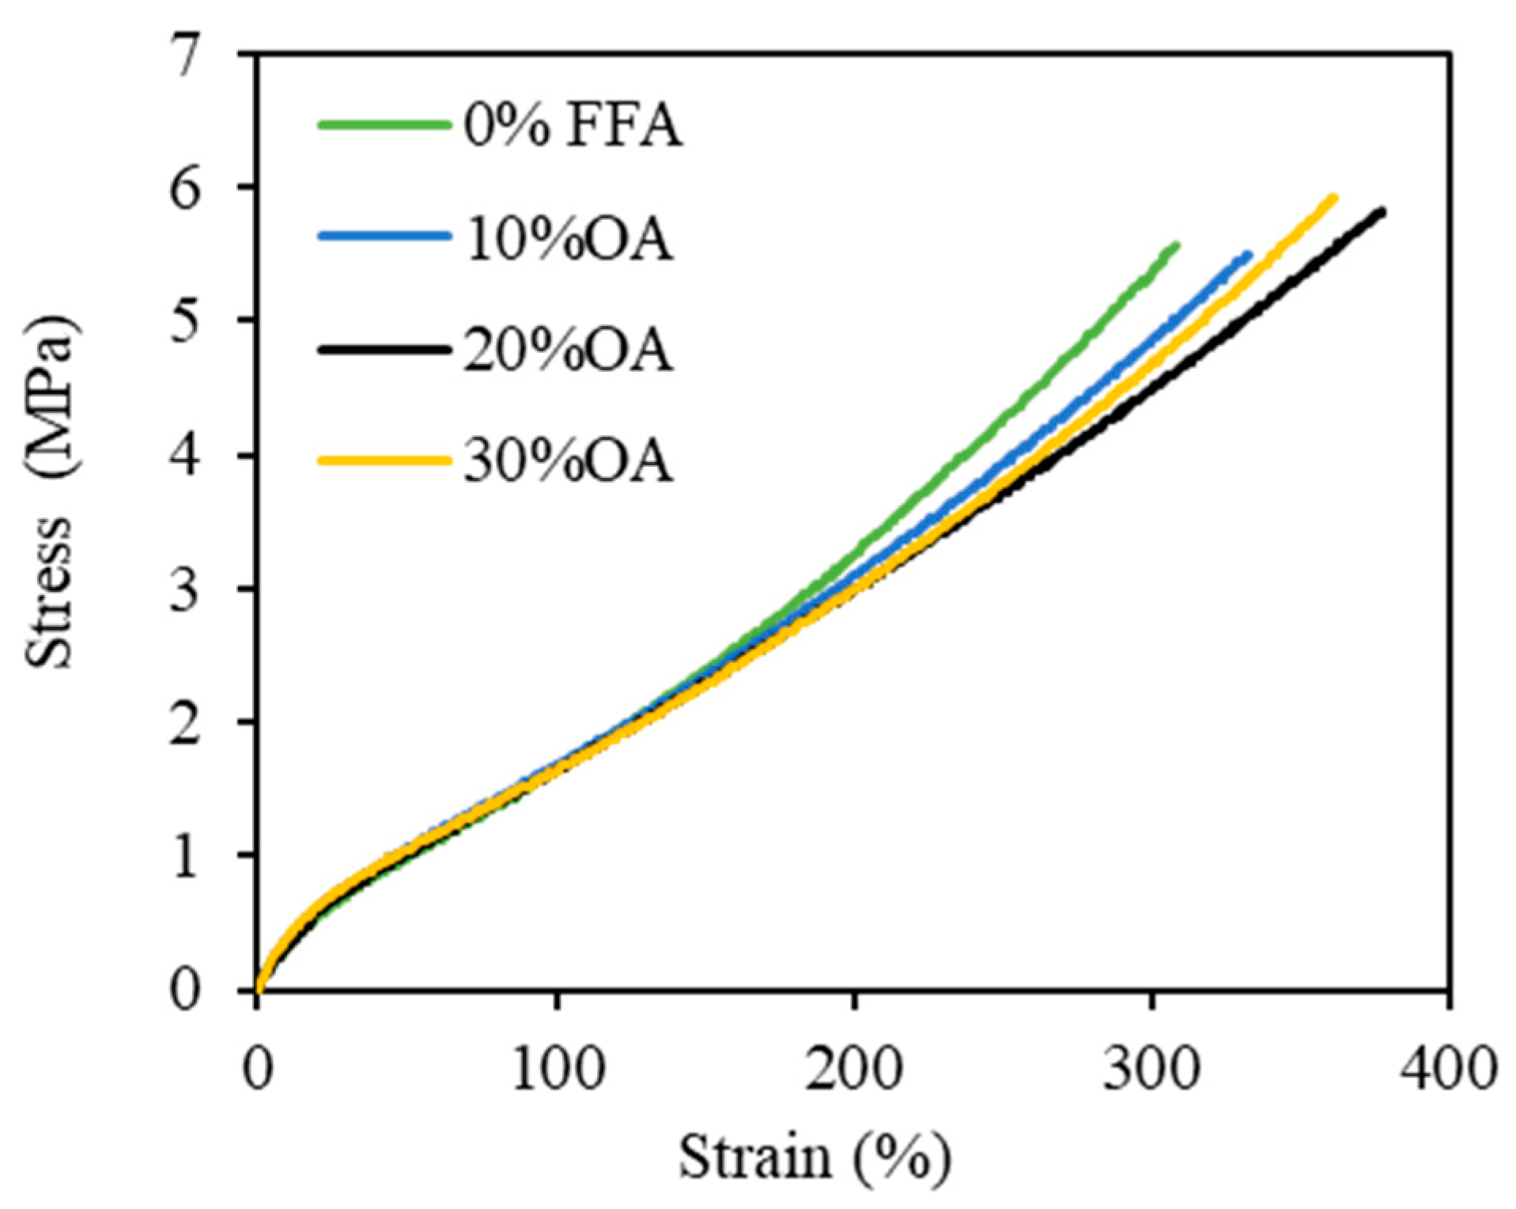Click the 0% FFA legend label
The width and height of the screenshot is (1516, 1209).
tap(573, 127)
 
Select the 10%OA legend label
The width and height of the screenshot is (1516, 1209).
tap(568, 239)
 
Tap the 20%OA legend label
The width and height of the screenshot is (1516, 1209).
tap(568, 351)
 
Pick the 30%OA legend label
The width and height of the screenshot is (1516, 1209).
tap(568, 461)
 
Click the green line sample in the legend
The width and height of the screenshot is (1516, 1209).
tap(384, 124)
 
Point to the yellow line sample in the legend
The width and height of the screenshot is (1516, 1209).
tap(384, 460)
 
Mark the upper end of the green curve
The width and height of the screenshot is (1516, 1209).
tap(1176, 245)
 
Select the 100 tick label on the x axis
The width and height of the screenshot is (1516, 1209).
tap(558, 1070)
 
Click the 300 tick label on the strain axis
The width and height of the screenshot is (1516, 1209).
tap(1151, 1070)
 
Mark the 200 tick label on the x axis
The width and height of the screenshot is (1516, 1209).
tap(854, 1070)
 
